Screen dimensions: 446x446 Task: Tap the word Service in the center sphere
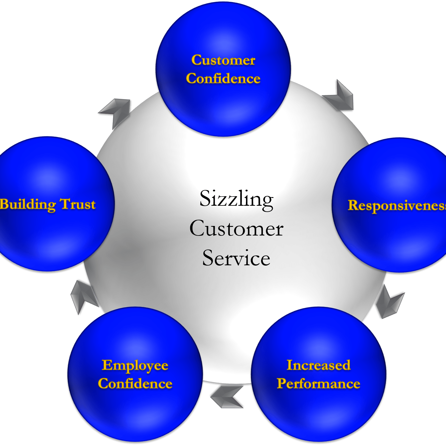tap(236, 258)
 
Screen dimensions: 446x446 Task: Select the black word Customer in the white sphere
tap(236, 229)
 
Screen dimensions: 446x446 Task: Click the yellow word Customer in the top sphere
tap(223, 60)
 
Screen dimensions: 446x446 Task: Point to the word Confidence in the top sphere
tap(223, 79)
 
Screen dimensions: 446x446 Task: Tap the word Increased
tap(319, 365)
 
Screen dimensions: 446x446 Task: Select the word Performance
tap(319, 384)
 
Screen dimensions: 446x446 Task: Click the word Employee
tap(135, 366)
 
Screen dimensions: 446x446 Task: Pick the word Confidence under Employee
tap(135, 384)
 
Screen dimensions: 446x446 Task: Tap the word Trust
tap(78, 205)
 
